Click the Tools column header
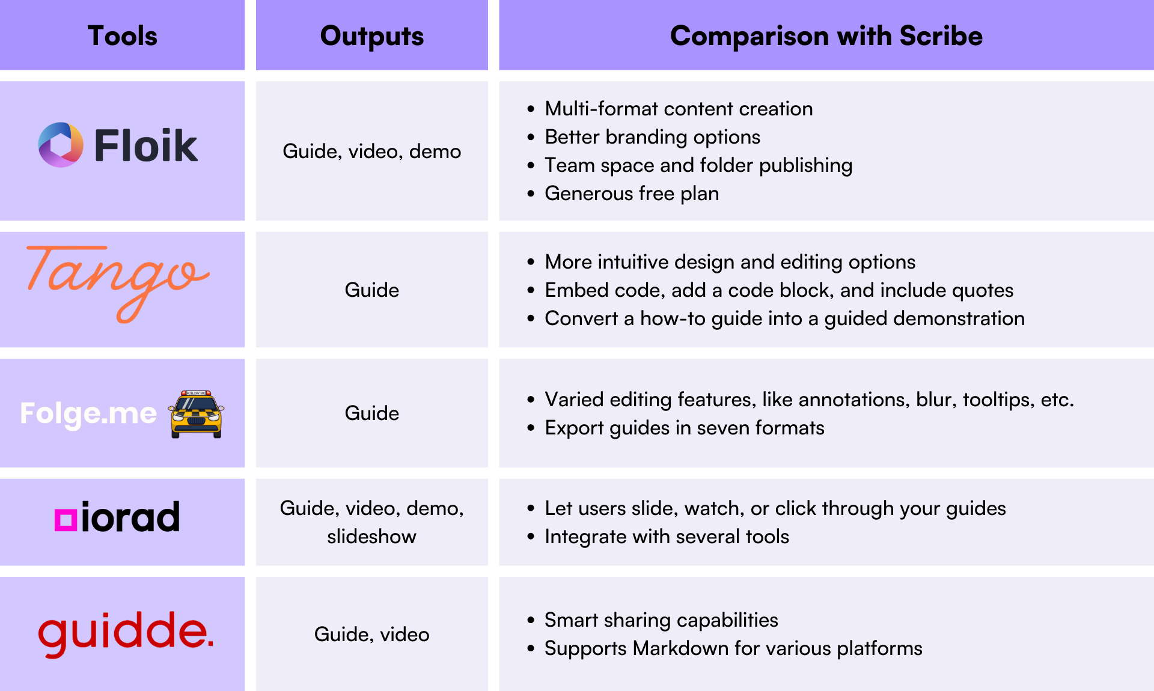click(123, 35)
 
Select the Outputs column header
click(372, 35)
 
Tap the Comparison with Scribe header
click(826, 35)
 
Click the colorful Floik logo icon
click(61, 145)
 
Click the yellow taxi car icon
click(197, 414)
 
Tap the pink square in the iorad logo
click(66, 520)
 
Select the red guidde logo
click(125, 633)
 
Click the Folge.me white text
click(88, 413)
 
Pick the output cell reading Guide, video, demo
click(372, 151)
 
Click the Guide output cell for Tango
click(372, 290)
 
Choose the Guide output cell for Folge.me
click(372, 413)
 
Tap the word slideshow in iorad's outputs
click(372, 537)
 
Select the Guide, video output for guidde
click(372, 635)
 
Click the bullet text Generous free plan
click(632, 193)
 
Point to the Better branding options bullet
click(652, 137)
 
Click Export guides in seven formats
click(685, 428)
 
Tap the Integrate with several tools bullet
click(667, 537)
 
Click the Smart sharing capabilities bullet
click(661, 620)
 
